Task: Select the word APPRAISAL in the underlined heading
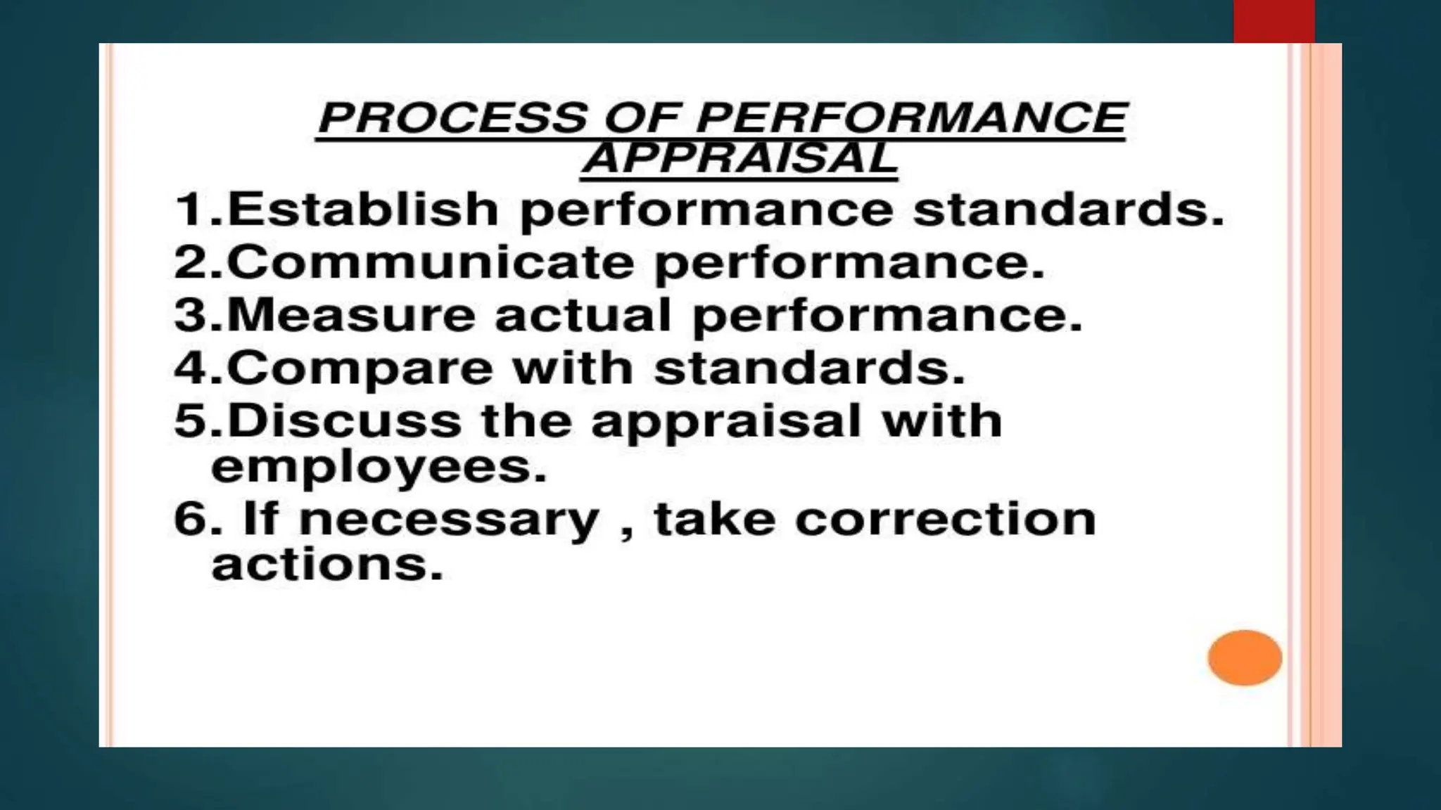[x=739, y=157]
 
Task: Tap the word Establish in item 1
[x=363, y=209]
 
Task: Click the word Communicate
[x=431, y=262]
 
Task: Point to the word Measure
[x=351, y=315]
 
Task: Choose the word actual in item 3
[x=583, y=315]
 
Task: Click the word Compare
[x=360, y=368]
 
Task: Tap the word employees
[x=379, y=466]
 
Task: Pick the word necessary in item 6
[x=448, y=520]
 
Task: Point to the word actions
[x=327, y=565]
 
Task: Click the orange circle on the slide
[x=1245, y=657]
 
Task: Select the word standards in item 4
[x=809, y=368]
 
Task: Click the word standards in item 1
[x=1068, y=209]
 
